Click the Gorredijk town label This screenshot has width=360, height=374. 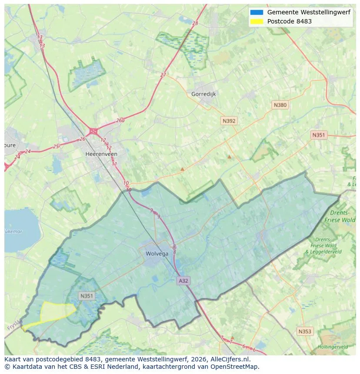tap(203, 94)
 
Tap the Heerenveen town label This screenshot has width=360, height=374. tap(101, 154)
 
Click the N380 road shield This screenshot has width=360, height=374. tap(280, 105)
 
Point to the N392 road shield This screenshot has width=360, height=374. tap(229, 121)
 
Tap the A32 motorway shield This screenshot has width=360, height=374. tap(183, 281)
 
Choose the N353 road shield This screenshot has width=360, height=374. tap(304, 331)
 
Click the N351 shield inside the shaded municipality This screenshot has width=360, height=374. tap(87, 296)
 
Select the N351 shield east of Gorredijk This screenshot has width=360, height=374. tap(318, 135)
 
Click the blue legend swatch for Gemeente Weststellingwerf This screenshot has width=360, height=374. tap(257, 13)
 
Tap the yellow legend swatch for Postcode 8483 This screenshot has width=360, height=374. tap(257, 21)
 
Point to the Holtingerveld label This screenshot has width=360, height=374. tap(333, 347)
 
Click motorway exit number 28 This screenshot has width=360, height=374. tap(195, 23)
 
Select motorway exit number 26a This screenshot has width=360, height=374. tap(120, 121)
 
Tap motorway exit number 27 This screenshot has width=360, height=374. tap(163, 75)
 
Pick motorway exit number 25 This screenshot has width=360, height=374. tap(56, 146)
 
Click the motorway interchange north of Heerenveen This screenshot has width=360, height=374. tap(93, 131)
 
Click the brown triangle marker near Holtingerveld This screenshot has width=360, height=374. tap(232, 337)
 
